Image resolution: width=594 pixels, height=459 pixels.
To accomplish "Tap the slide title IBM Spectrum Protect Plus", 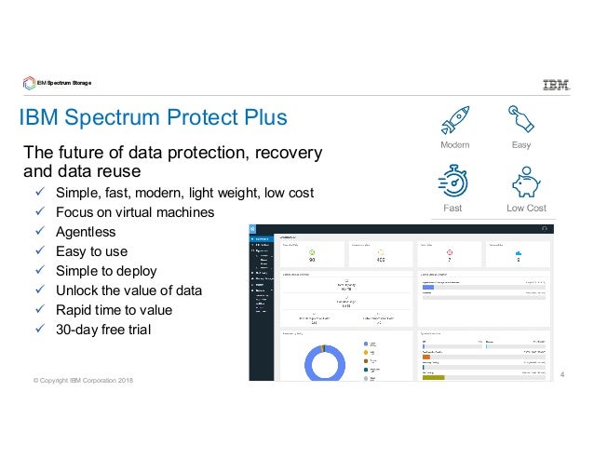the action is tap(155, 118).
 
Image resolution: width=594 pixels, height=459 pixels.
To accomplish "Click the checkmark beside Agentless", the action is tap(38, 232).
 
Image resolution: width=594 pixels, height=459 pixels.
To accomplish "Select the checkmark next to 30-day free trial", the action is tap(38, 330).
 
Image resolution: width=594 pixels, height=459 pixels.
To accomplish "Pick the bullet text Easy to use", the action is tap(91, 251).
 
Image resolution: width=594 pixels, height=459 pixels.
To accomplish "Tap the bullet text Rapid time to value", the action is tap(115, 310).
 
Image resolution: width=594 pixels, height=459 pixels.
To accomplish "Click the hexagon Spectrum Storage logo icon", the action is tap(29, 84).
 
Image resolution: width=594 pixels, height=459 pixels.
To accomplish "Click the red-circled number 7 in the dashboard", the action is tap(449, 259).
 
